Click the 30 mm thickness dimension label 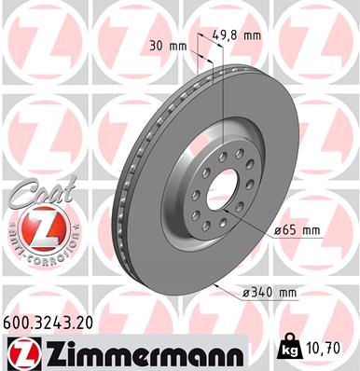pos(164,46)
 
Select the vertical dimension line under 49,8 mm pos(223,93)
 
